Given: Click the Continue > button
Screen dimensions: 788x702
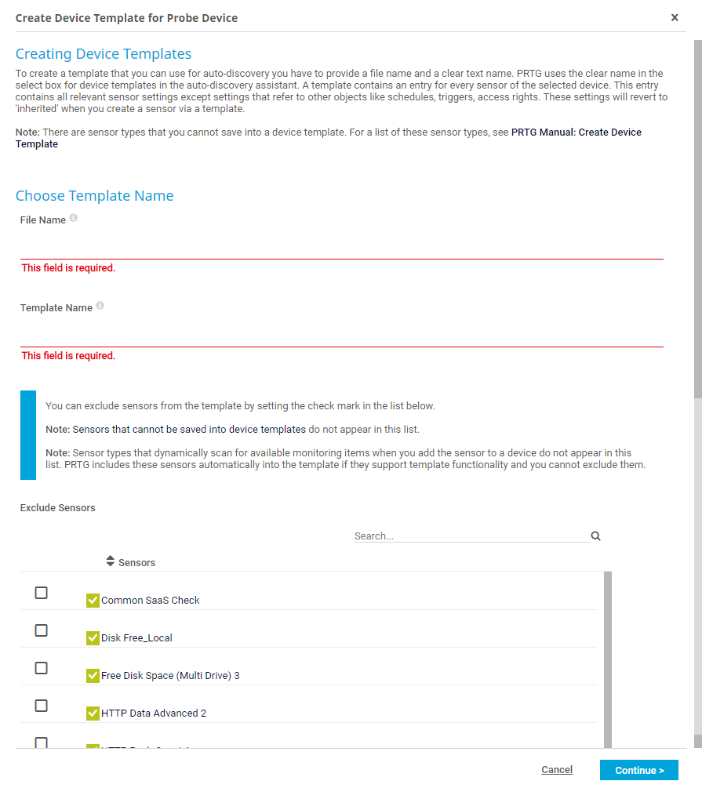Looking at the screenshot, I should [x=638, y=770].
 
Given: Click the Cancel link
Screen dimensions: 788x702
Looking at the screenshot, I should [x=557, y=770].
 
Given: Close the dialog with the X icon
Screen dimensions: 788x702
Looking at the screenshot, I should [x=675, y=17].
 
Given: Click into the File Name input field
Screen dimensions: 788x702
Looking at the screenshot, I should [x=341, y=246].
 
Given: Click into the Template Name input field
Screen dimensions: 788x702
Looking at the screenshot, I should [x=341, y=334].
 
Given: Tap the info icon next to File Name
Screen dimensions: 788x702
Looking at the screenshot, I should [x=73, y=218].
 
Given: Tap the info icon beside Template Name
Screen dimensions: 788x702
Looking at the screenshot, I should [x=100, y=306].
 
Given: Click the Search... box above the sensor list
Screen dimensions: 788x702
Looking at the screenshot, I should [x=471, y=536].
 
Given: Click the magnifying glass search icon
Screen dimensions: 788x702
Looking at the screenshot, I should [x=596, y=536].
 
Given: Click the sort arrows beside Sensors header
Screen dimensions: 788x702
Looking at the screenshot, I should [x=110, y=561].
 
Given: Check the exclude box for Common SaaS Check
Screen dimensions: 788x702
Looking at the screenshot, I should [x=42, y=593].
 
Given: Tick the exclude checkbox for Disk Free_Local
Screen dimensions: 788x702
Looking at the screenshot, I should [x=42, y=630].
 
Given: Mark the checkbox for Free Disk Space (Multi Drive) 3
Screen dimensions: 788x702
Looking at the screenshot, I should [x=42, y=668].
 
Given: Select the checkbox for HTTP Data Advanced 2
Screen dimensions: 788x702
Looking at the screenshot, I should [x=42, y=706].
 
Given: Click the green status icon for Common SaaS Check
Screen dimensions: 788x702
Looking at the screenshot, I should [x=93, y=601].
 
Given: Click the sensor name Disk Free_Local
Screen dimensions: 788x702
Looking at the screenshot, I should [x=136, y=638].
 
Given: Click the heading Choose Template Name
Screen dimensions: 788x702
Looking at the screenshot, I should [x=95, y=196].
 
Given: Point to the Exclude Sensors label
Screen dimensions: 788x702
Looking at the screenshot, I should [x=58, y=508].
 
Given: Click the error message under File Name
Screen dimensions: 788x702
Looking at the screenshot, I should [x=68, y=268].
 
